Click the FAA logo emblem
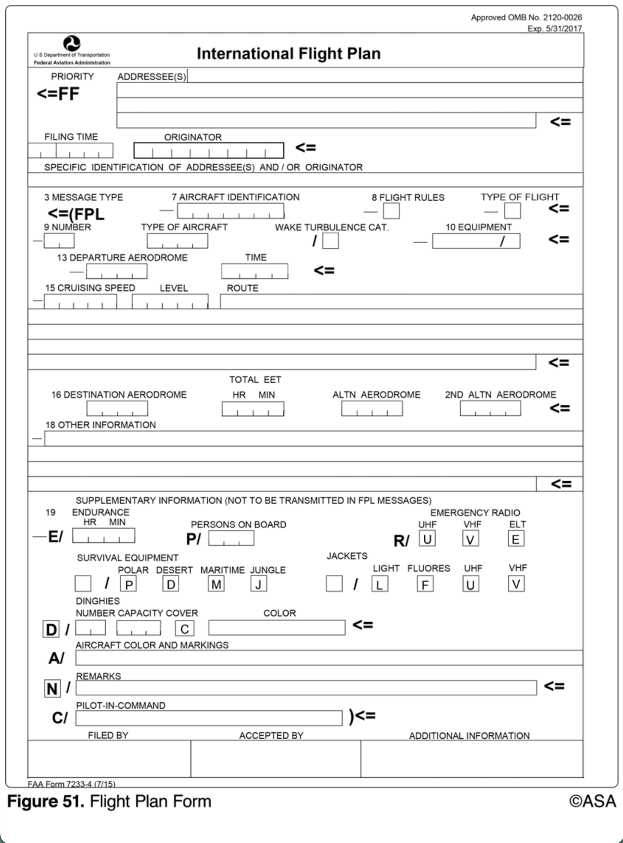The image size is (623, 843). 72,43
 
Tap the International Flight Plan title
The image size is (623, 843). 289,53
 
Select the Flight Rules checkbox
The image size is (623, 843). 391,211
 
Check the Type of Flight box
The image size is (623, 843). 512,211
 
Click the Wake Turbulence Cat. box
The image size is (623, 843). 330,241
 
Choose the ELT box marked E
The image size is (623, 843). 516,539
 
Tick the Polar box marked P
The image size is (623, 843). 129,585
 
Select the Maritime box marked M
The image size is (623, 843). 216,585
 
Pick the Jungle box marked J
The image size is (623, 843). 259,585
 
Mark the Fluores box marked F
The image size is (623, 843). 425,585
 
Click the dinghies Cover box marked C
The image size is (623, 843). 184,629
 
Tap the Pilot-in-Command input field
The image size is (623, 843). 209,718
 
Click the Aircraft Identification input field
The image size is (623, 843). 230,211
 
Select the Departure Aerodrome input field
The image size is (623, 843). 117,271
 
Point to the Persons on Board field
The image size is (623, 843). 231,539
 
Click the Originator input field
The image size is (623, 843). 209,150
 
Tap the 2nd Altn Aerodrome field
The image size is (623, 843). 490,409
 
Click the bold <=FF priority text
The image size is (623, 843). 58,94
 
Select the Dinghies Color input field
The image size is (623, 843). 277,628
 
